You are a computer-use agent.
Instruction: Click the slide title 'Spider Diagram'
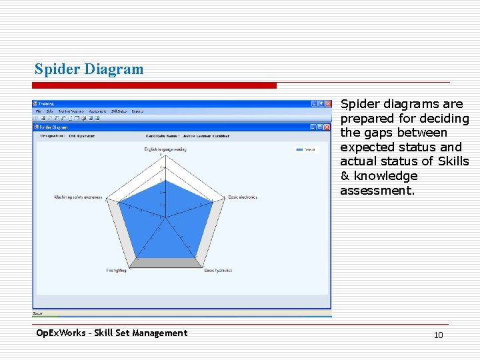tap(89, 69)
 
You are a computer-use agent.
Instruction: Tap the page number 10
tap(438, 335)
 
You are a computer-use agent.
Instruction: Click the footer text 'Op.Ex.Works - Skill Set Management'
tap(111, 333)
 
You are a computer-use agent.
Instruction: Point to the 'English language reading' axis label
tap(161, 149)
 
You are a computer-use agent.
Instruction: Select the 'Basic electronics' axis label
tap(242, 197)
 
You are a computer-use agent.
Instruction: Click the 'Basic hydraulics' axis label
tap(218, 271)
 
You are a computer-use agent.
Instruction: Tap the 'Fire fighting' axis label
tap(116, 271)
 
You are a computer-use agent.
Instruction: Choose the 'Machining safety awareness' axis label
tap(78, 197)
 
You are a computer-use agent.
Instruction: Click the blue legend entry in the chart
tap(305, 150)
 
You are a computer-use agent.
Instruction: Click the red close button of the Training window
tap(327, 104)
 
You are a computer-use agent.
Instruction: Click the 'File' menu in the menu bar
tap(39, 111)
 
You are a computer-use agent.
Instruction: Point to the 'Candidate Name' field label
tap(163, 135)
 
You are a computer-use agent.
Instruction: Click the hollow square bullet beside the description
tap(333, 105)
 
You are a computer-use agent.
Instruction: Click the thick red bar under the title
tap(155, 85)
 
